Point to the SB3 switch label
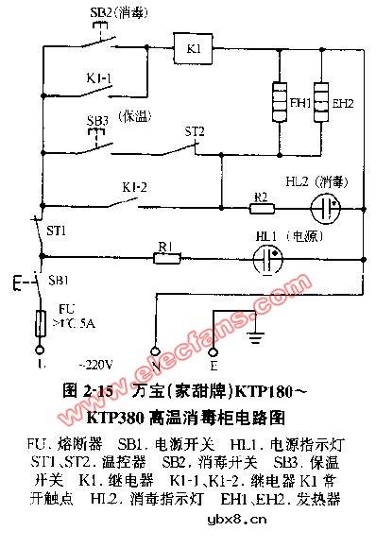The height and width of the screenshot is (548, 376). click(96, 122)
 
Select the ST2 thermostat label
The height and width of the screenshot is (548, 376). click(195, 130)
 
